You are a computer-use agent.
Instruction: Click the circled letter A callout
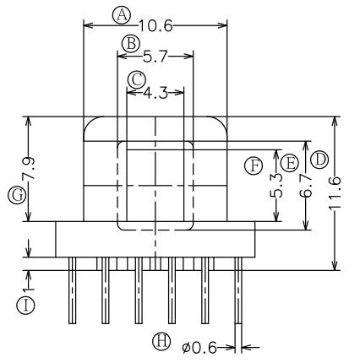pyautogui.click(x=122, y=15)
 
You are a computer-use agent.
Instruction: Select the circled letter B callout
pyautogui.click(x=131, y=44)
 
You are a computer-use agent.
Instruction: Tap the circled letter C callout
pyautogui.click(x=137, y=79)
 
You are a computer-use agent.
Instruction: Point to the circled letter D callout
pyautogui.click(x=319, y=160)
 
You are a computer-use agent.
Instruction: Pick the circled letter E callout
pyautogui.click(x=290, y=163)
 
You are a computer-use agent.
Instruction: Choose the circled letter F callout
pyautogui.click(x=254, y=165)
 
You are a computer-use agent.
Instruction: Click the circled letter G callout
pyautogui.click(x=17, y=195)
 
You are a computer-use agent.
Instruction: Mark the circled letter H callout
pyautogui.click(x=161, y=341)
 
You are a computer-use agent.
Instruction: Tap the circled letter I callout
pyautogui.click(x=25, y=306)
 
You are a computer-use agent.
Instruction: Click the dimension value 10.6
pyautogui.click(x=155, y=26)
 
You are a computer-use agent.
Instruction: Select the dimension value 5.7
pyautogui.click(x=155, y=57)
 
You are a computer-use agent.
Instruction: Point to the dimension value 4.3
pyautogui.click(x=155, y=93)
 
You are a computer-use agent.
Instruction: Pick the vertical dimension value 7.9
pyautogui.click(x=29, y=168)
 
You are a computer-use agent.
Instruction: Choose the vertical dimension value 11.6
pyautogui.click(x=335, y=193)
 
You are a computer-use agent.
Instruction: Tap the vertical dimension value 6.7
pyautogui.click(x=306, y=186)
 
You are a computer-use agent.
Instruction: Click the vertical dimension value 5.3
pyautogui.click(x=276, y=186)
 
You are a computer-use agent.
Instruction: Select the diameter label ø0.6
pyautogui.click(x=199, y=348)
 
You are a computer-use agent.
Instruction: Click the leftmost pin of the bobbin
pyautogui.click(x=73, y=290)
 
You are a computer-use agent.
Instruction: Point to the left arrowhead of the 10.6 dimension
pyautogui.click(x=88, y=26)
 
